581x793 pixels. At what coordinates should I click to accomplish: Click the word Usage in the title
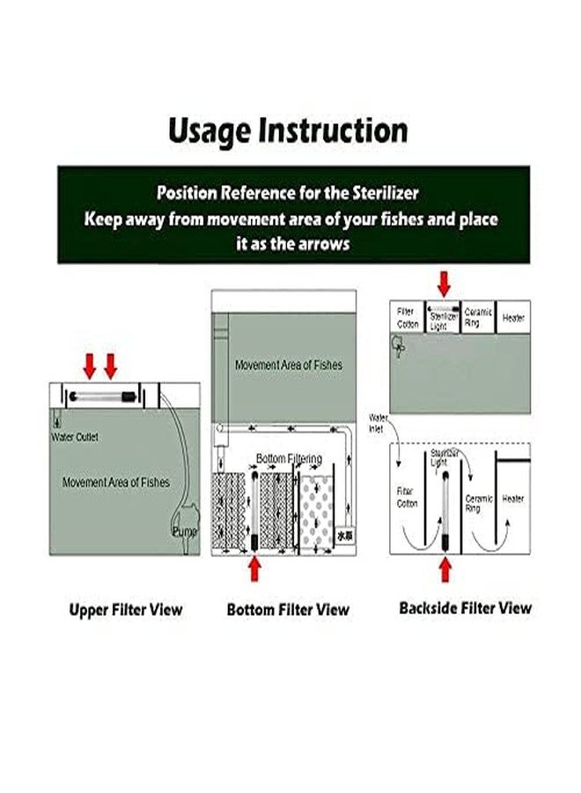point(208,130)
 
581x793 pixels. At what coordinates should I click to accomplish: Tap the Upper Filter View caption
point(126,609)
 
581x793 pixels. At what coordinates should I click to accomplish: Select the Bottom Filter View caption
point(287,609)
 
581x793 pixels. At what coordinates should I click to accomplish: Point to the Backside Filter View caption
point(465,608)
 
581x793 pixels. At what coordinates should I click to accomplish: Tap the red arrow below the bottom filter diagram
point(255,569)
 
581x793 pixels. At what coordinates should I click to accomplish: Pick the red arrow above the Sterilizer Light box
point(443,284)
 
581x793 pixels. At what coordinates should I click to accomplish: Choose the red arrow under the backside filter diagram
point(445,570)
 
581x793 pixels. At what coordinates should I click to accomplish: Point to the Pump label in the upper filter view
point(185,531)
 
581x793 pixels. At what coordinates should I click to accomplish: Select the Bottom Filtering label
point(289,459)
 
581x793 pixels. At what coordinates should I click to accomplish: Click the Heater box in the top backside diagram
point(512,317)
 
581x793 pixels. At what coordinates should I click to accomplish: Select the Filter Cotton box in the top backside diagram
point(406,317)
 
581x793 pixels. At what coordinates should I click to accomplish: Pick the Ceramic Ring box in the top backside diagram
point(477,317)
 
